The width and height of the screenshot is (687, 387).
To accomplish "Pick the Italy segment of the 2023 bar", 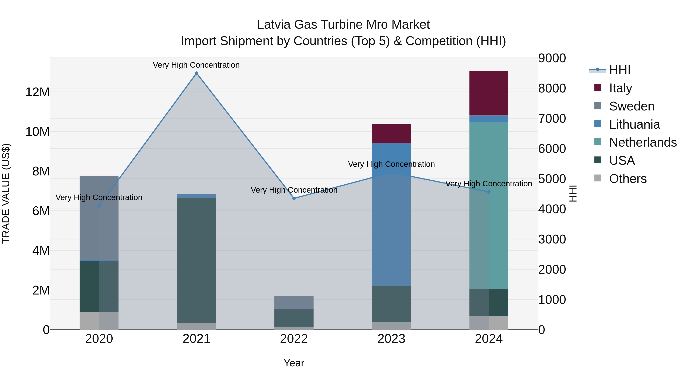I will pos(391,134).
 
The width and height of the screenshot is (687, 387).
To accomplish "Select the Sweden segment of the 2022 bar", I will pos(294,303).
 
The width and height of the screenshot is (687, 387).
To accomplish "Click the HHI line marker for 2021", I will pos(196,73).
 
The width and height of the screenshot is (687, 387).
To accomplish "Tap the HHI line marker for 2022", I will pos(294,198).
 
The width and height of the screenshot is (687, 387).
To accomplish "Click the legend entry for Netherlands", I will pos(643,142).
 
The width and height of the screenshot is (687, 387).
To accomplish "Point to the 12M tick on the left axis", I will pos(37,92).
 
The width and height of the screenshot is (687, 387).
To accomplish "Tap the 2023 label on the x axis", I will pos(391,339).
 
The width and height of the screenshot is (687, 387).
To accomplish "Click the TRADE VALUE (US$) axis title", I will pos(6,193).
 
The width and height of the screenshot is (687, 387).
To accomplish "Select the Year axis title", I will pos(294,363).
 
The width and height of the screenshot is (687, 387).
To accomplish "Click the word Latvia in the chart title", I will pos(274,25).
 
